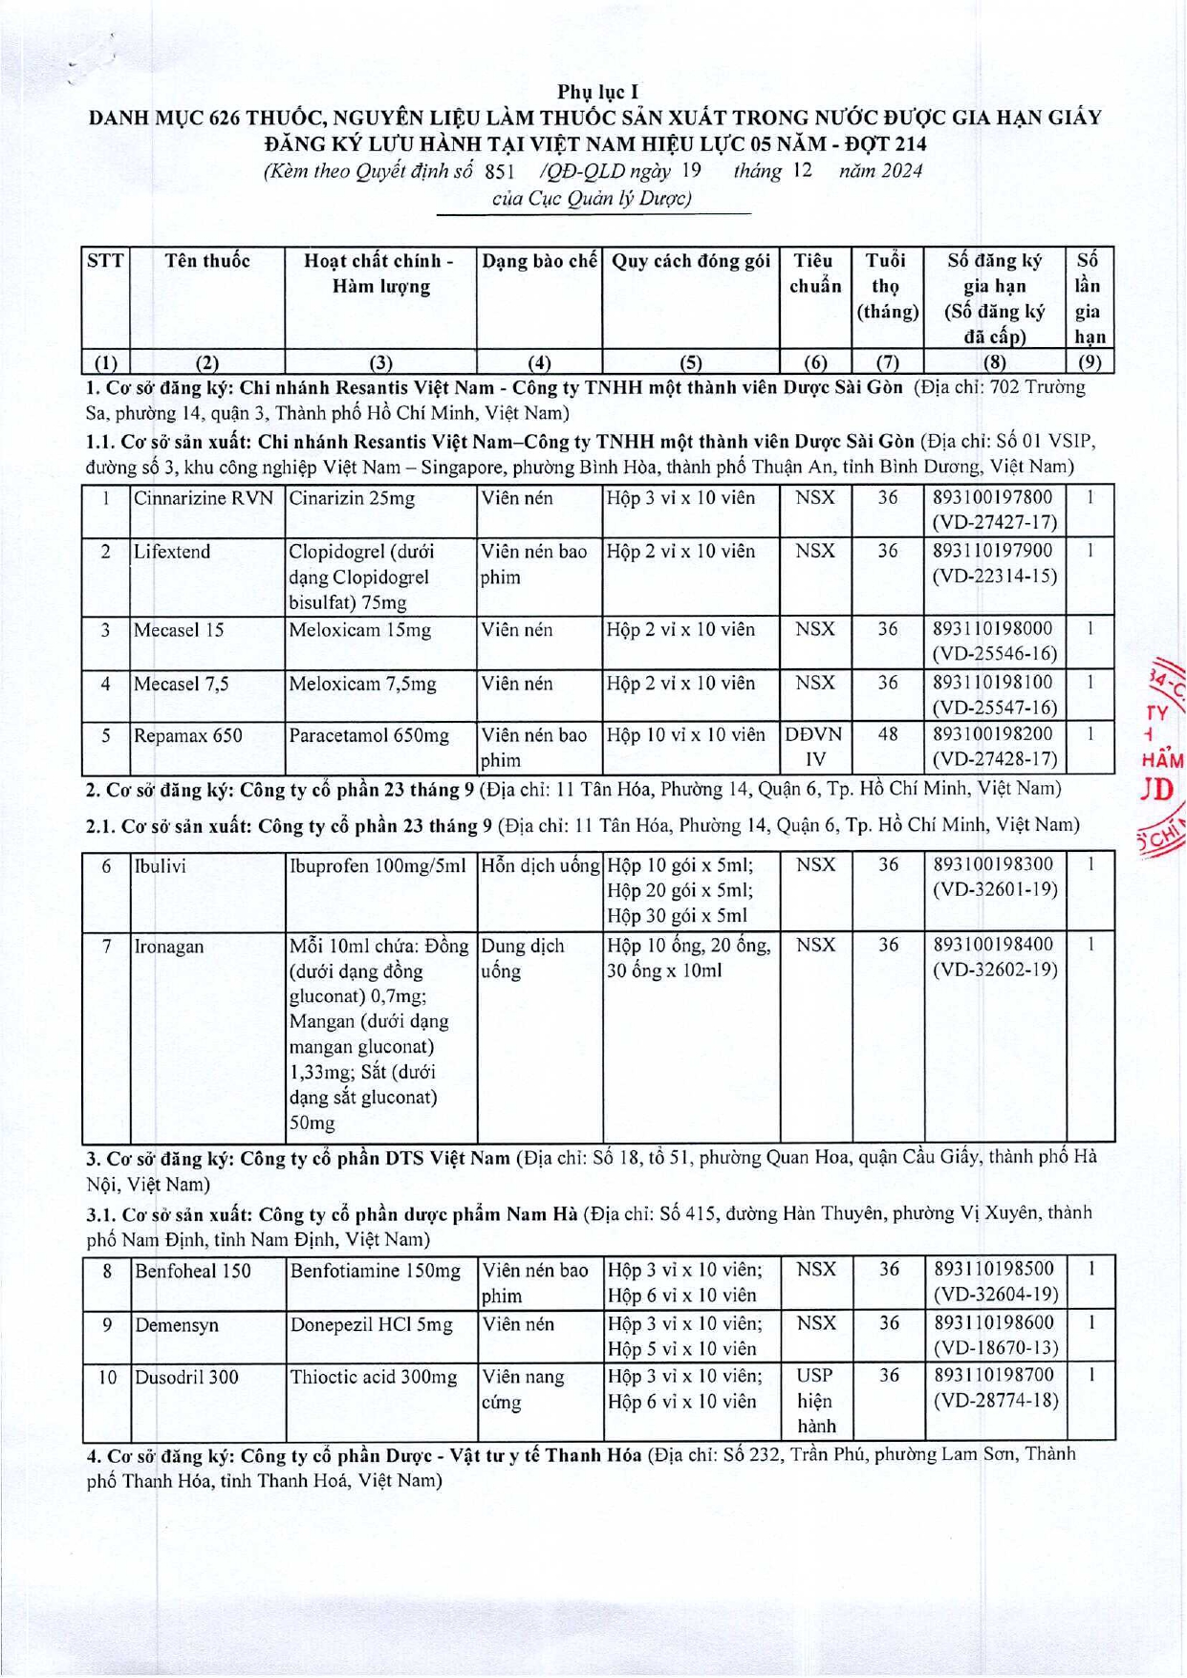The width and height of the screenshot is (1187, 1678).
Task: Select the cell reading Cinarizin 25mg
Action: (x=352, y=498)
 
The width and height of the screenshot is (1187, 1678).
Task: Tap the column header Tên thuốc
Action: (x=207, y=261)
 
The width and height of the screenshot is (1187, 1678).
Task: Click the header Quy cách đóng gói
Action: (x=690, y=261)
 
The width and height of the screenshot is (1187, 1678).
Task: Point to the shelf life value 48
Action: (x=888, y=735)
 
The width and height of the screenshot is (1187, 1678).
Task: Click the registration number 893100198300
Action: (x=993, y=864)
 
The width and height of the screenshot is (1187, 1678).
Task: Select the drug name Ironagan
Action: (x=168, y=946)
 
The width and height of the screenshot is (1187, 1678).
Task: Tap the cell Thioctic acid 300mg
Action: (x=374, y=1377)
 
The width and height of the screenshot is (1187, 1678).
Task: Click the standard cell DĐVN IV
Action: (x=814, y=747)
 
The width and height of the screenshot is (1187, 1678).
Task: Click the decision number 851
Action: (x=501, y=172)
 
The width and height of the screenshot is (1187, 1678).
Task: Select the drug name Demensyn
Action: (x=176, y=1325)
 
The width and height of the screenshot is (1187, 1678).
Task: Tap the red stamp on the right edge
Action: (x=1163, y=755)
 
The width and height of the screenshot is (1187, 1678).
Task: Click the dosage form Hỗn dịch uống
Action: (x=540, y=865)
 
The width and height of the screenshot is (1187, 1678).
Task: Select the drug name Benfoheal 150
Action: (x=192, y=1271)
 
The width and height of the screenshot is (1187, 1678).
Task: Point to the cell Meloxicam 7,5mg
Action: (x=362, y=684)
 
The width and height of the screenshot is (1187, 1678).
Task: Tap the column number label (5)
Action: (x=690, y=362)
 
